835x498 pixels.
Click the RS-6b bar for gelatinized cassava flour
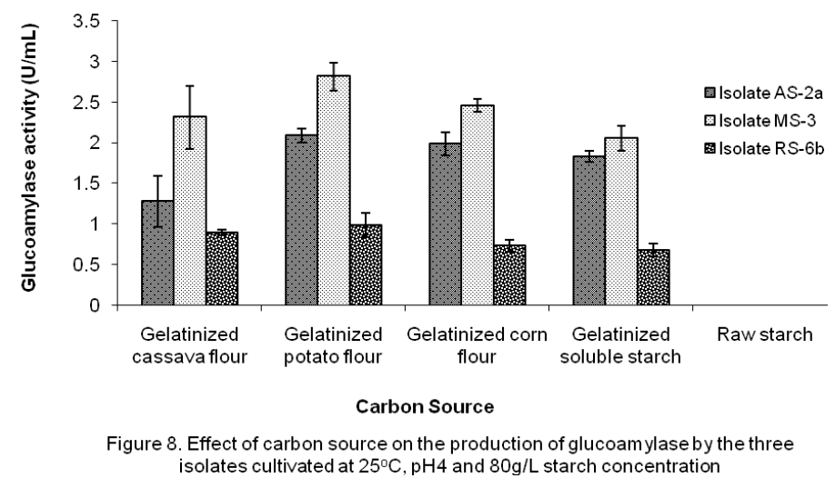pyautogui.click(x=222, y=268)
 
